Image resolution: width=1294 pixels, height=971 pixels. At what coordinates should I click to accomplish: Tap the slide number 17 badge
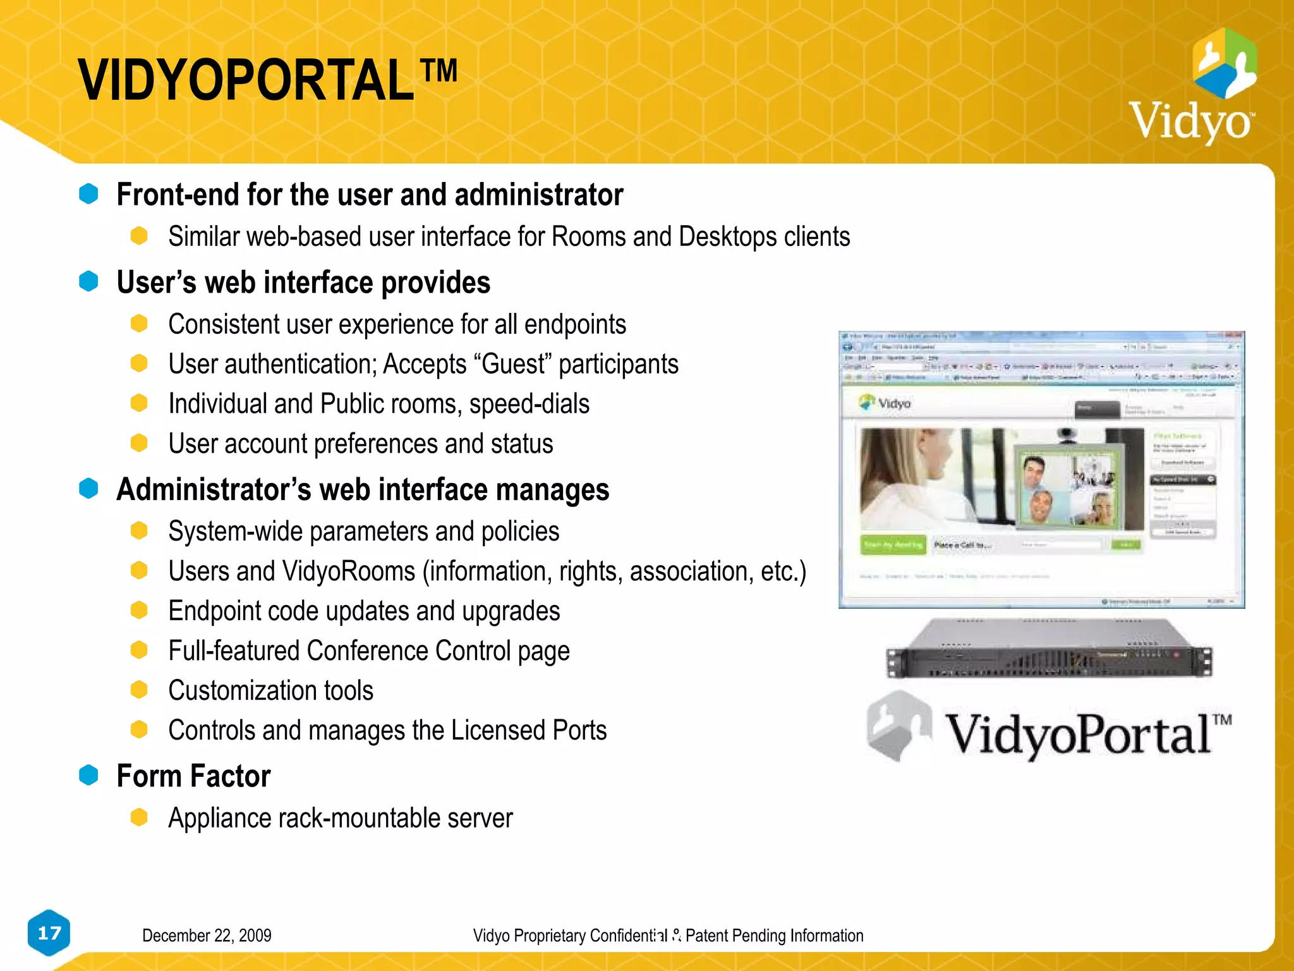(x=49, y=932)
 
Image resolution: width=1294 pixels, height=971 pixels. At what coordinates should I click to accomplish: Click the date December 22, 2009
(x=207, y=936)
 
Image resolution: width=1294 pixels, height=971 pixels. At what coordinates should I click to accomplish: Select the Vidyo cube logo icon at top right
(x=1224, y=63)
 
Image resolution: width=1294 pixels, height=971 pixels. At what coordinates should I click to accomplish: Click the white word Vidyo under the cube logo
(x=1190, y=121)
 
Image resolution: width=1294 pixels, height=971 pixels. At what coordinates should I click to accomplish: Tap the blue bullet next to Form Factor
(x=88, y=775)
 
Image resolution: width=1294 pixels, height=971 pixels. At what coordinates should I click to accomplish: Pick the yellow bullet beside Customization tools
(x=139, y=690)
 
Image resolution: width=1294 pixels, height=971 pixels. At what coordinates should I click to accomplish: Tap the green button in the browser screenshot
(x=893, y=544)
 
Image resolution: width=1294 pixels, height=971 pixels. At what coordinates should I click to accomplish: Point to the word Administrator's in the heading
(x=214, y=490)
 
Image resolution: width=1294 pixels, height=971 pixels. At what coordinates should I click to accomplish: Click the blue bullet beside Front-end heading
(x=88, y=194)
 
